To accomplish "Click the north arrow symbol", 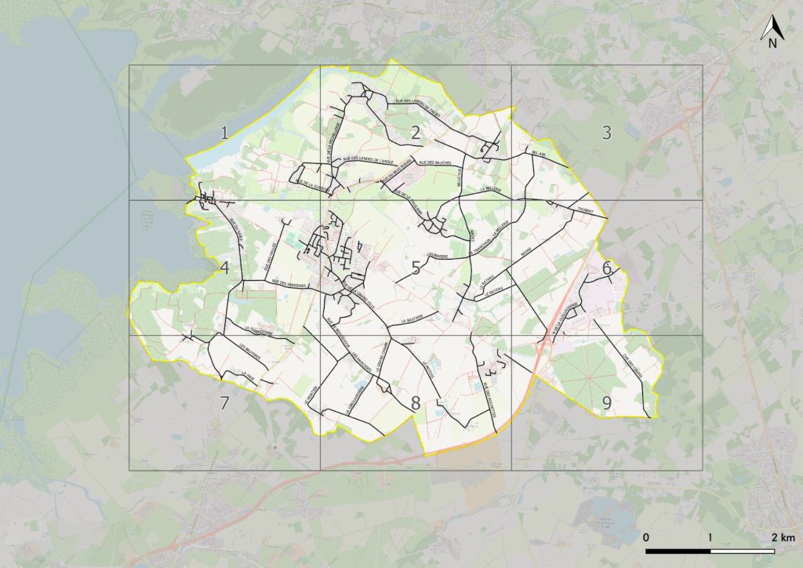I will [x=772, y=31].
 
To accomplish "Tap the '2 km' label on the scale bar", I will [x=782, y=537].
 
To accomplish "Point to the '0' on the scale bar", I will [x=645, y=537].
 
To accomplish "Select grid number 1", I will [x=224, y=133].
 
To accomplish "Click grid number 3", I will [x=606, y=133].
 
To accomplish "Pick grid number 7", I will [x=224, y=403].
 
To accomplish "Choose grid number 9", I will [x=606, y=403].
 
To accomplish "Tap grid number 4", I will [x=224, y=268].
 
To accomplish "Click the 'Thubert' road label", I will [x=585, y=209].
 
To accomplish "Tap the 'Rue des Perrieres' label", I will [x=287, y=279].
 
